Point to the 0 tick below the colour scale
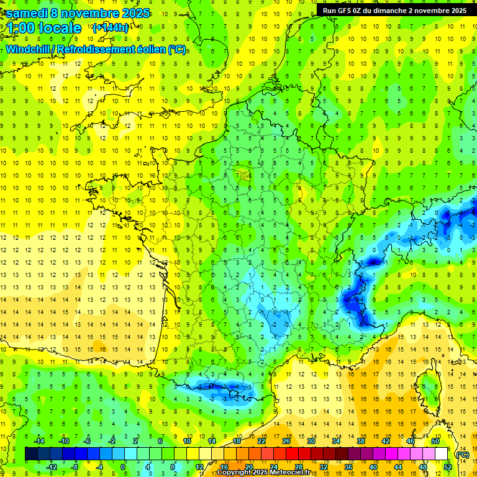coord(124,466)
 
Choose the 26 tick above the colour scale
coord(286,441)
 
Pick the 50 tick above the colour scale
coord(435,441)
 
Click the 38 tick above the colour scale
coord(361,441)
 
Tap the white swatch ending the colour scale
coord(441,454)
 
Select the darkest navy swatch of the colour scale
coord(31,454)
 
